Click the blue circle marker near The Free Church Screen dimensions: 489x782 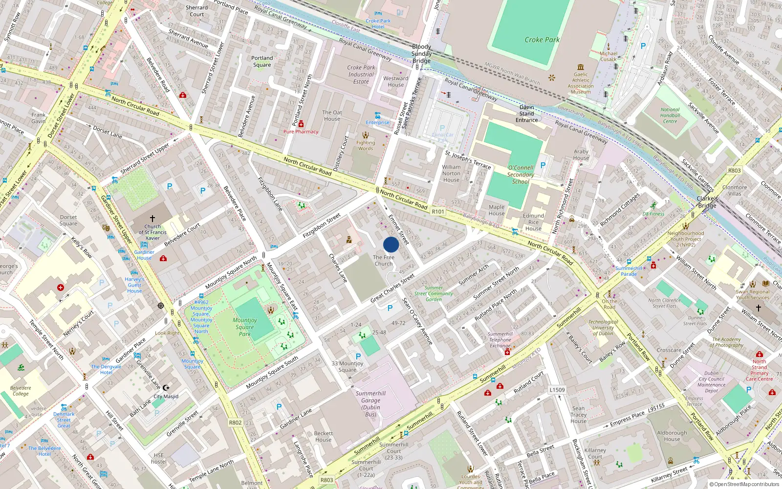pos(391,244)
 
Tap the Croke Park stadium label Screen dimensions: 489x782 pos(542,40)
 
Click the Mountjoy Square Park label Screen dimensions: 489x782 pos(245,327)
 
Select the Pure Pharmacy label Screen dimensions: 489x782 pos(301,132)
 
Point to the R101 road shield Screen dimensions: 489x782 pos(438,212)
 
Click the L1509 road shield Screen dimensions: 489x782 pos(557,390)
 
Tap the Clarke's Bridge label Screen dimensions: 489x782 pos(707,202)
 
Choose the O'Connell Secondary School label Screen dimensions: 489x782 pos(521,175)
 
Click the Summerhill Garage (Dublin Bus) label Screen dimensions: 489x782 pos(370,403)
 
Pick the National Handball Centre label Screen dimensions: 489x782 pos(670,115)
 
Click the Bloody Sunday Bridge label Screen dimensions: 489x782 pos(421,54)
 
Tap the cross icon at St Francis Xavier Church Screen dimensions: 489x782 pos(152,219)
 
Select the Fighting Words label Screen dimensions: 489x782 pos(366,146)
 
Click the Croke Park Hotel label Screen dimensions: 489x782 pos(378,23)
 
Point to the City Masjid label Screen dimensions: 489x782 pos(166,397)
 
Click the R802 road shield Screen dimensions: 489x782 pos(235,422)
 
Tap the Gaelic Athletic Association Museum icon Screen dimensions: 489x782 pos(581,67)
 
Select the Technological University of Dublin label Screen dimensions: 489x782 pos(603,328)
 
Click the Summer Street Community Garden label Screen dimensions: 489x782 pos(434,293)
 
